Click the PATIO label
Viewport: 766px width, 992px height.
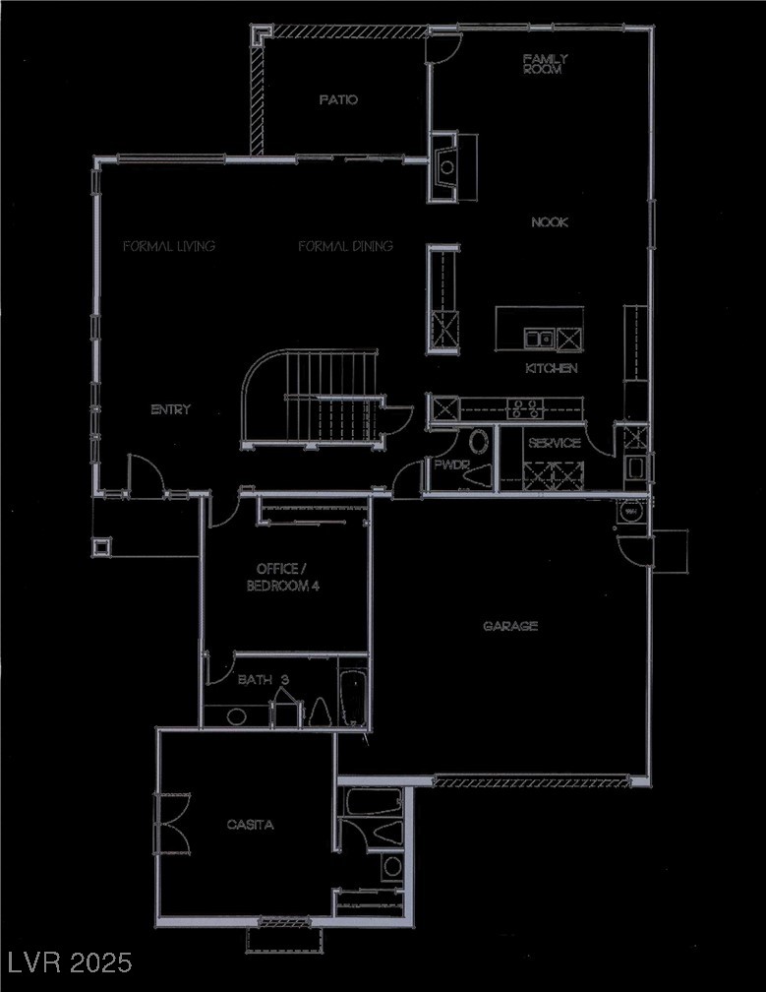point(338,99)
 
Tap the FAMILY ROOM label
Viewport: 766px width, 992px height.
point(545,65)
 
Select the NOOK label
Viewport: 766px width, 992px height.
point(550,222)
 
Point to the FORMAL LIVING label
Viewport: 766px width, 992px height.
point(169,246)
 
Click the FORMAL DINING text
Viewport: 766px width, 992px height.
point(346,246)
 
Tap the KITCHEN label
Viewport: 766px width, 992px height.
point(552,368)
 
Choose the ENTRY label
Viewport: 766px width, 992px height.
point(170,409)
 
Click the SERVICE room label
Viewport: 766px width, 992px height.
point(555,444)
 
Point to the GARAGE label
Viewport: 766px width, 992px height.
point(510,626)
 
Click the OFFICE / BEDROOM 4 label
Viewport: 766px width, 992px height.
point(288,577)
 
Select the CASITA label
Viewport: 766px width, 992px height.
point(250,825)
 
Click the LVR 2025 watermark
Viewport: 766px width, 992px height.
point(67,961)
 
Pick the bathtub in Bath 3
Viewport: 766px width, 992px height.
point(352,697)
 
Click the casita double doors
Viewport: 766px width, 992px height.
point(167,814)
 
